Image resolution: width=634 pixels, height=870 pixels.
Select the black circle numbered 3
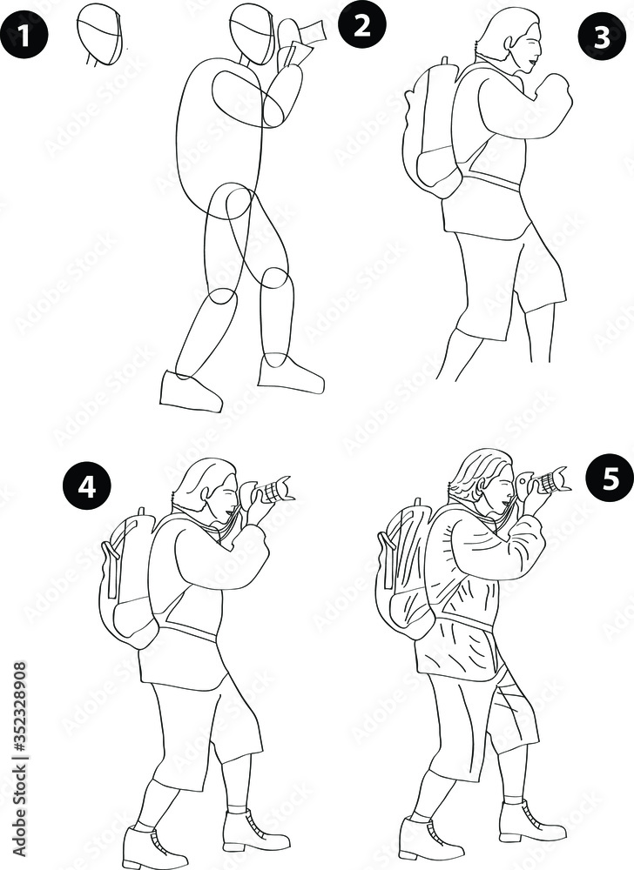point(602,37)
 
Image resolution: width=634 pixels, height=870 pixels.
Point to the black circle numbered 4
point(87,486)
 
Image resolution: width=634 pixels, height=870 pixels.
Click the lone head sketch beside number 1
point(100,35)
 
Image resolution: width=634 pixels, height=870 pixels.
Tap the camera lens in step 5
point(553,479)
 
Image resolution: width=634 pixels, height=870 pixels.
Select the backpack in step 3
point(433,130)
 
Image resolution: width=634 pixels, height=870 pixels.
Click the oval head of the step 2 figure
point(251,33)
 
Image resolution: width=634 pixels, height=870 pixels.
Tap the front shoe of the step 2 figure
point(291,374)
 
